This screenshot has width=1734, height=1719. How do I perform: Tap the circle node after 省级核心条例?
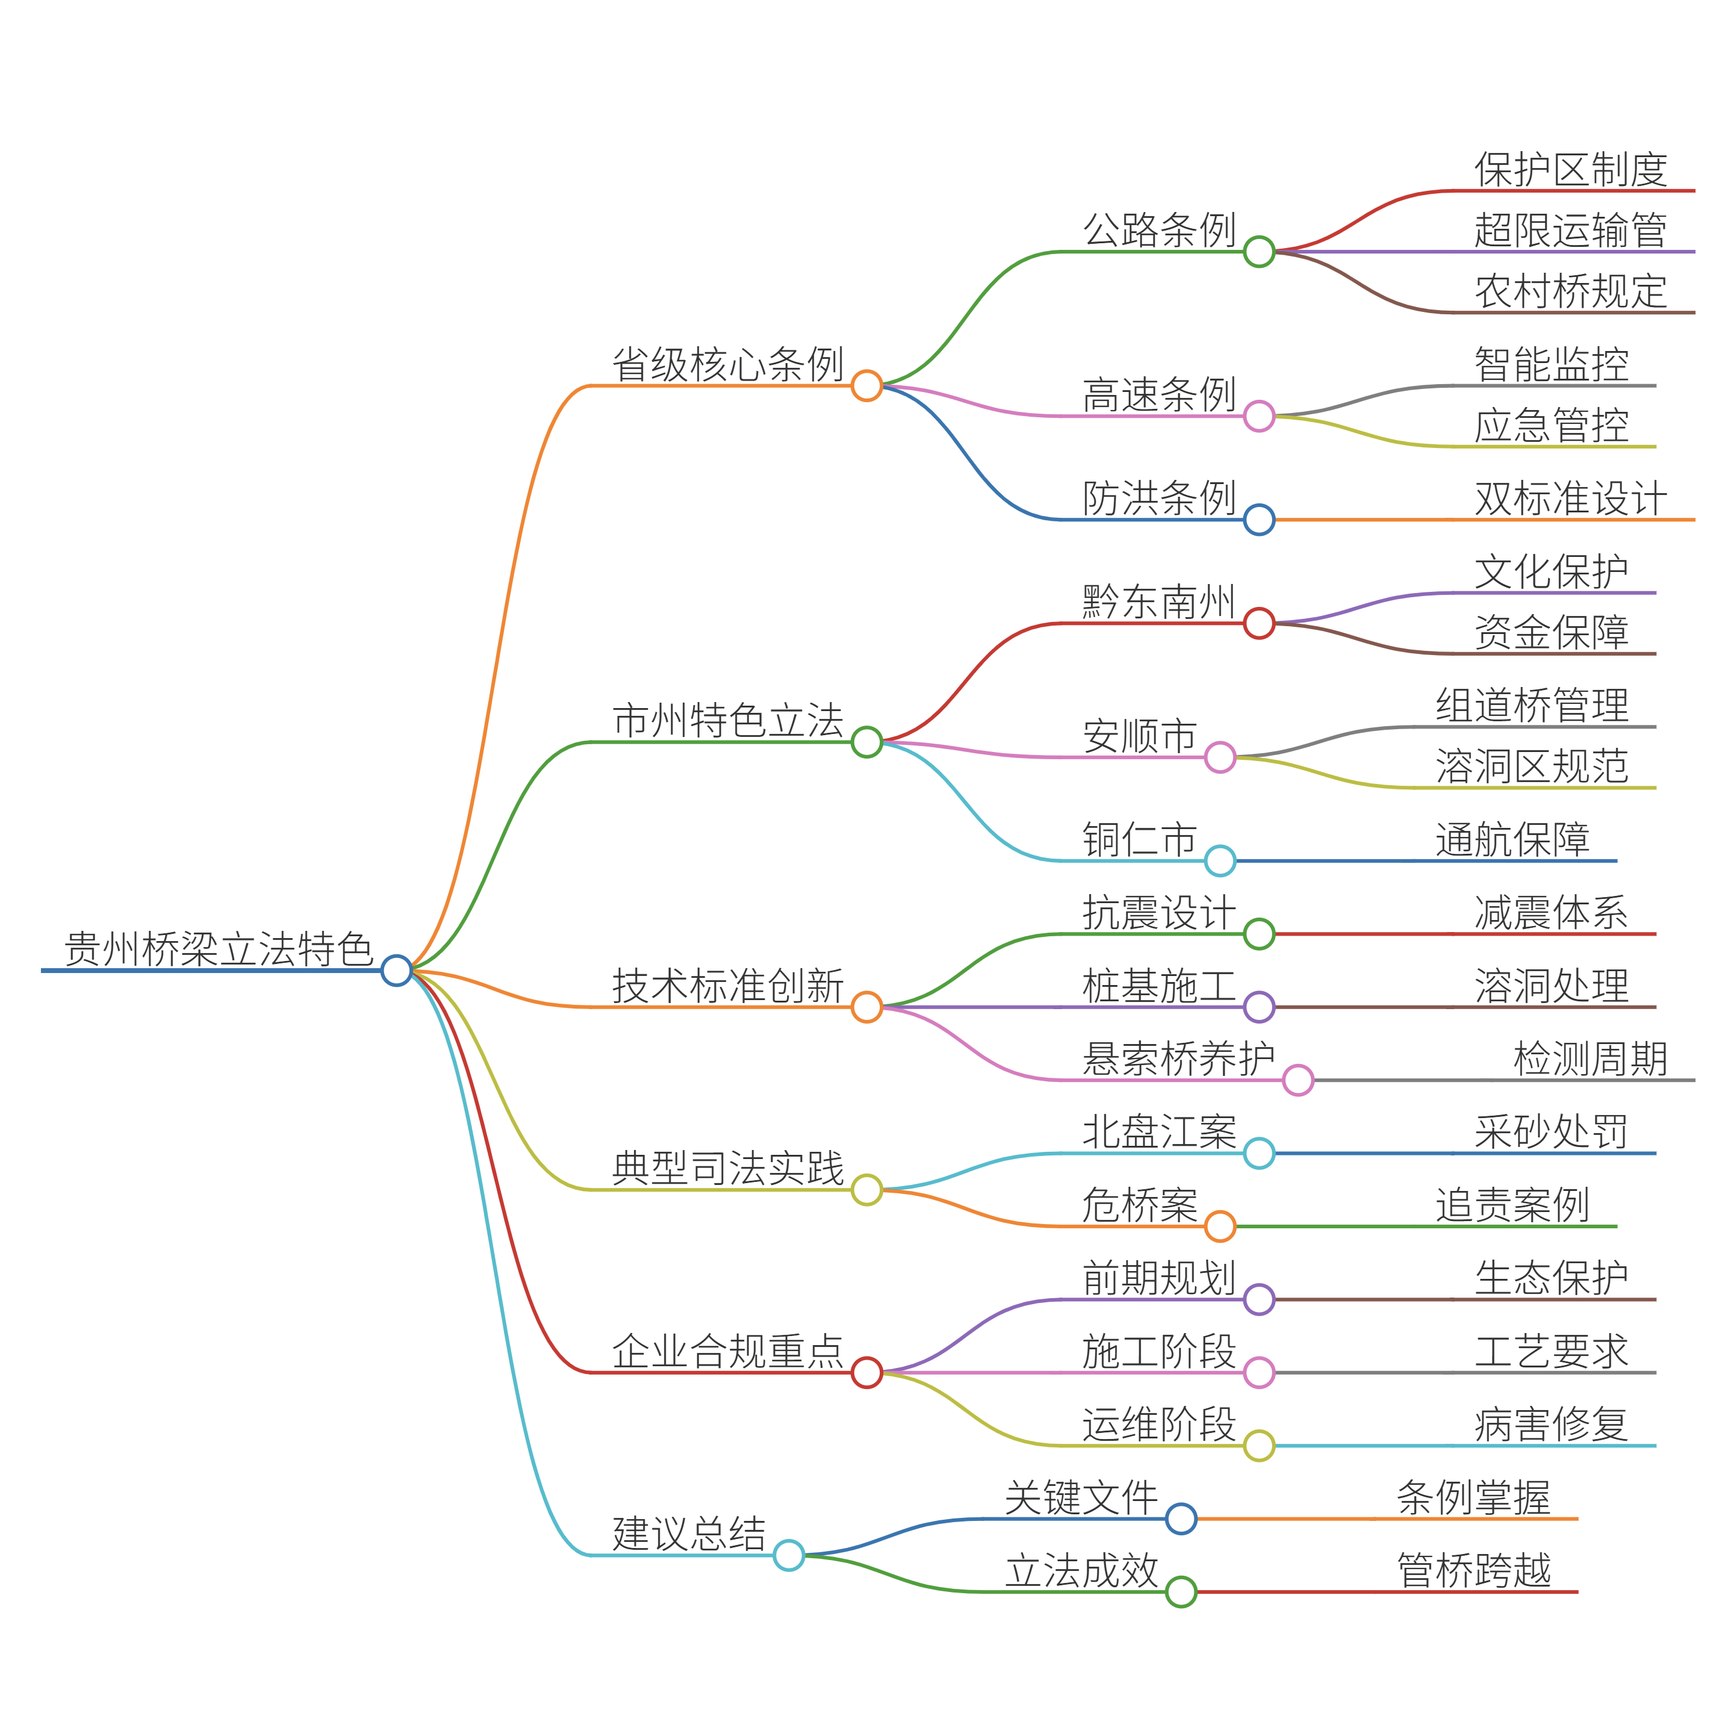[x=866, y=385]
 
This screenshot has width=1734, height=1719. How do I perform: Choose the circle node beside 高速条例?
[x=1258, y=415]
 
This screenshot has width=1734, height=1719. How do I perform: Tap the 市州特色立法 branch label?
[x=728, y=720]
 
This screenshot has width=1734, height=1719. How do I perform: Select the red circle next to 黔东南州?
[x=1258, y=623]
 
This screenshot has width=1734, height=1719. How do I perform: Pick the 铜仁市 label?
[x=1139, y=839]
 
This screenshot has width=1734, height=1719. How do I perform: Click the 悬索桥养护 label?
[x=1178, y=1058]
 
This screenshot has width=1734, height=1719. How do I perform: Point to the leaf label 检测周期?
[x=1589, y=1058]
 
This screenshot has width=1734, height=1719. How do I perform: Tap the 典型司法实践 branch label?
[x=728, y=1168]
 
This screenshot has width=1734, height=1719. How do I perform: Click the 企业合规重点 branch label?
[x=728, y=1351]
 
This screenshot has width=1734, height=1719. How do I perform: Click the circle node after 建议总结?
[x=788, y=1555]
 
